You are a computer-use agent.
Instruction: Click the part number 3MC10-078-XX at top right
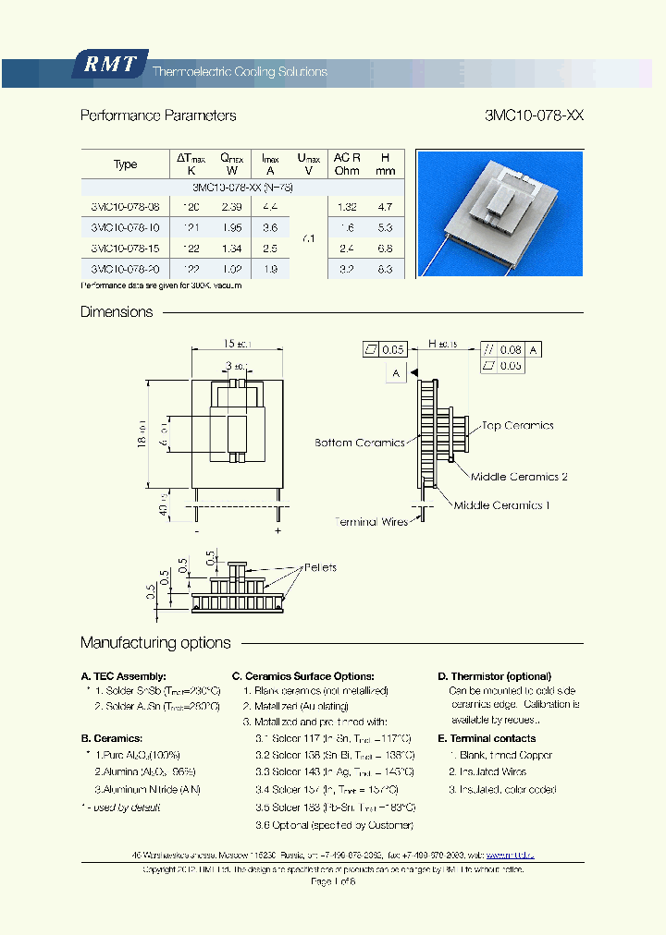534,115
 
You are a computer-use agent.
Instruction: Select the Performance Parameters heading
158,115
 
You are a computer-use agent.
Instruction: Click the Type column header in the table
125,164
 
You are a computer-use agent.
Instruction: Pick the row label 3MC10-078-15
125,249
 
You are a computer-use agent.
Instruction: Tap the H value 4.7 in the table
386,207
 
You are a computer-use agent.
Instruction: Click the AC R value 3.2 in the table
347,269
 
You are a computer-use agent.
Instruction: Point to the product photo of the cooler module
499,213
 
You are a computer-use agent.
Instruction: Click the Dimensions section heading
117,311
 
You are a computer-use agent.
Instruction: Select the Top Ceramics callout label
517,426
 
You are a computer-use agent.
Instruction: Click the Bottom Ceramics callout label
360,443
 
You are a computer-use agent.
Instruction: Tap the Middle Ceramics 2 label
519,477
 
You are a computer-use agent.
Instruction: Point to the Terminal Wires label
371,522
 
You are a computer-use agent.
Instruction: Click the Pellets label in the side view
319,567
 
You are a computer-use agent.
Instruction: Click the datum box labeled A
396,372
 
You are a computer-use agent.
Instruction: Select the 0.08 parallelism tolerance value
511,350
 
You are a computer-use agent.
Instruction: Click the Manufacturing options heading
155,642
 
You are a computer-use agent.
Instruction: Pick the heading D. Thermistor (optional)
494,676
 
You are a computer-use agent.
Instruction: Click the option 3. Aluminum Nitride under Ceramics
147,789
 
